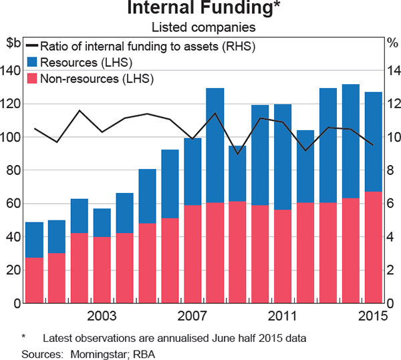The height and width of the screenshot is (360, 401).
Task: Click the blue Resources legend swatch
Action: click(x=31, y=63)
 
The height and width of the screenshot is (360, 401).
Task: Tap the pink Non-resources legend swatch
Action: click(x=31, y=79)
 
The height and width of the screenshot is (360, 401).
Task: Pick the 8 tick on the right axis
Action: click(x=391, y=171)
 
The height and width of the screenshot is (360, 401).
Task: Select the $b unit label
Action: click(x=13, y=43)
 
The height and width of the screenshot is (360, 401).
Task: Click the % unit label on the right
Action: click(x=392, y=43)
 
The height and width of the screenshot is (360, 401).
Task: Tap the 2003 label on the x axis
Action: click(x=102, y=316)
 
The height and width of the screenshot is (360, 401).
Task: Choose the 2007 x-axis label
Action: click(x=192, y=316)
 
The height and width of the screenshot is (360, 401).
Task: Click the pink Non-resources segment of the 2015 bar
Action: click(x=374, y=248)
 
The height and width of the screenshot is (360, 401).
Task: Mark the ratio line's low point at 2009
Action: click(x=237, y=154)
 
